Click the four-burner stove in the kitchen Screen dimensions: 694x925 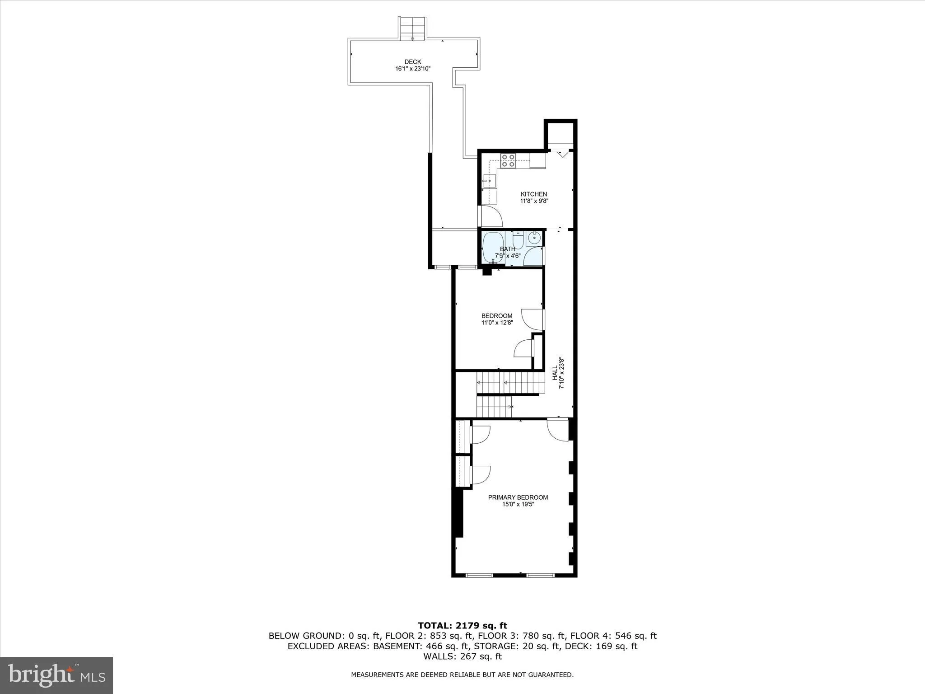click(508, 160)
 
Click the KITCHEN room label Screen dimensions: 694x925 click(534, 194)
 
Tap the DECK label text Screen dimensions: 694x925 click(412, 62)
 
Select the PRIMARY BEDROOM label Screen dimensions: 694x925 click(518, 497)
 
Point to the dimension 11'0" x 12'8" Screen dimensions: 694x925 click(497, 323)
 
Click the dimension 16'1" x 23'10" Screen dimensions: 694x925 click(412, 69)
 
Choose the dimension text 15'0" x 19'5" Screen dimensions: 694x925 click(518, 504)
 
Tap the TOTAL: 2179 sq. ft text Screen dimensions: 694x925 click(462, 626)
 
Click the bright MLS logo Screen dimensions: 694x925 click(56, 675)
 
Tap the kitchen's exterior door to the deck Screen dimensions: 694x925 click(490, 216)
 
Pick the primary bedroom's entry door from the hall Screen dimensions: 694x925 click(559, 429)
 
